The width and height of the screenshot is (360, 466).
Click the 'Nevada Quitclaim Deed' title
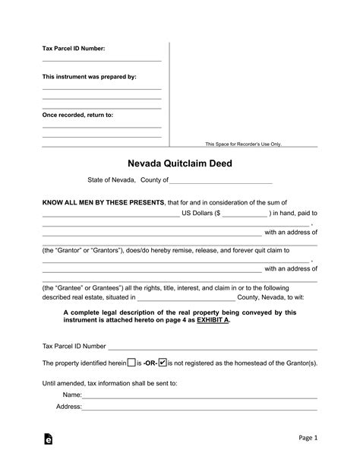(179, 163)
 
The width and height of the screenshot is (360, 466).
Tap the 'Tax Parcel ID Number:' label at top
(73, 49)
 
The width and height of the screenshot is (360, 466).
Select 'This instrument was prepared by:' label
(89, 77)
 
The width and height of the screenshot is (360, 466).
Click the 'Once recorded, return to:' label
(77, 115)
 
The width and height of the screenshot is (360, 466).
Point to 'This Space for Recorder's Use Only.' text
(243, 144)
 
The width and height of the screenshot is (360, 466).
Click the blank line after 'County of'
(220, 182)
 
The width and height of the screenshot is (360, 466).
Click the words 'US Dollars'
(199, 214)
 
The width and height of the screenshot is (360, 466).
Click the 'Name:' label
(72, 395)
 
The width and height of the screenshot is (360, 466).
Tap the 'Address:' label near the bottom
(69, 406)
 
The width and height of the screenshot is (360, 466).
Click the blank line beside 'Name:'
(200, 397)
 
